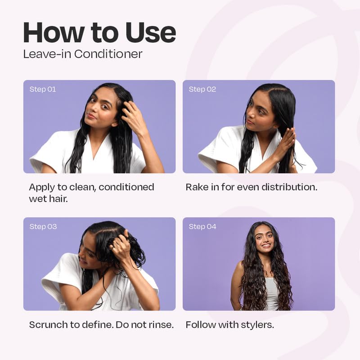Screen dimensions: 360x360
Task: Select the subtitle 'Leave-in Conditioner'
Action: coord(83,54)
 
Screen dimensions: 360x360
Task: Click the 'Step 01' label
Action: coord(43,89)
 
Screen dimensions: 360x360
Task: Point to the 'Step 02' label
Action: coord(202,89)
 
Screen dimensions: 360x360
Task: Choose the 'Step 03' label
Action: coord(43,226)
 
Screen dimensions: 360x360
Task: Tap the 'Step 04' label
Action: coord(202,226)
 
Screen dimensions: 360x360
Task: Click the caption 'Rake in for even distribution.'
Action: coord(252,187)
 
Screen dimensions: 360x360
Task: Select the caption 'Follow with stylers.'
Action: coord(229,324)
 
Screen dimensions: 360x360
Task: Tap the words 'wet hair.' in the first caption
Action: coord(48,198)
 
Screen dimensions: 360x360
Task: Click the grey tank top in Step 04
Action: coord(272,295)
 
